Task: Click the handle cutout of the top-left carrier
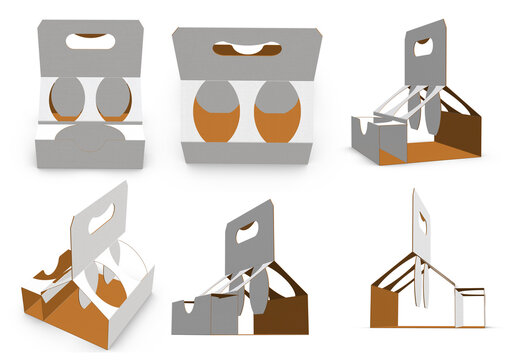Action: tap(88, 41)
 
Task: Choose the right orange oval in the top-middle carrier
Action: tap(275, 112)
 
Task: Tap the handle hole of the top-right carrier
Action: tap(425, 44)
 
